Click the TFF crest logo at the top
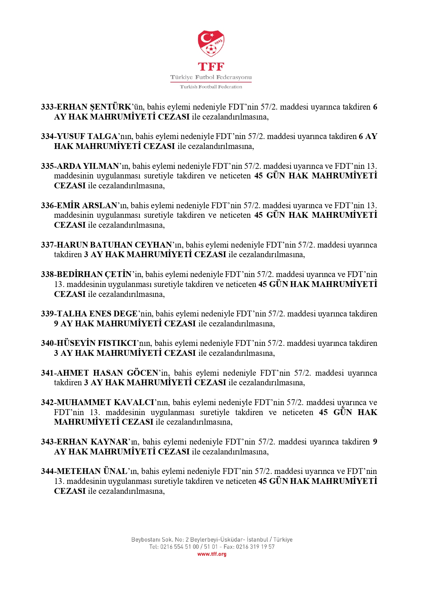[x=211, y=43]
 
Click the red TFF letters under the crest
[x=211, y=66]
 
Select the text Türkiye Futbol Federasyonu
[x=211, y=77]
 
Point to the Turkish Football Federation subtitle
[x=211, y=87]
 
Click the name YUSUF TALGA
[x=87, y=136]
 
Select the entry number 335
[x=47, y=166]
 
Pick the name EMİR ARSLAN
[x=87, y=205]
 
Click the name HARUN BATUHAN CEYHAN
[x=114, y=245]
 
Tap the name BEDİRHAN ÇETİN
[x=94, y=274]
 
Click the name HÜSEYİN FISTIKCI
[x=97, y=343]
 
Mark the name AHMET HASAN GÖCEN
[x=107, y=373]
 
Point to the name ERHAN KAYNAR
[x=92, y=442]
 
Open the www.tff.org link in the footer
[x=212, y=554]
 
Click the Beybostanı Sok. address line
[x=212, y=540]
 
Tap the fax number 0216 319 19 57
[x=255, y=547]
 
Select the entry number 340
[x=47, y=343]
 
